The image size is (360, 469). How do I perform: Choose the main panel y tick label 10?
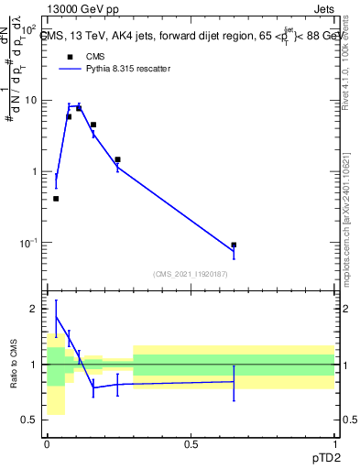[29, 100]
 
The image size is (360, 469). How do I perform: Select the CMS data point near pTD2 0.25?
[117, 159]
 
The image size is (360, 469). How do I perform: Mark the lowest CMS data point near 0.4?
[56, 198]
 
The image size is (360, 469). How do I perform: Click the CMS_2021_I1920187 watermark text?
[191, 273]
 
